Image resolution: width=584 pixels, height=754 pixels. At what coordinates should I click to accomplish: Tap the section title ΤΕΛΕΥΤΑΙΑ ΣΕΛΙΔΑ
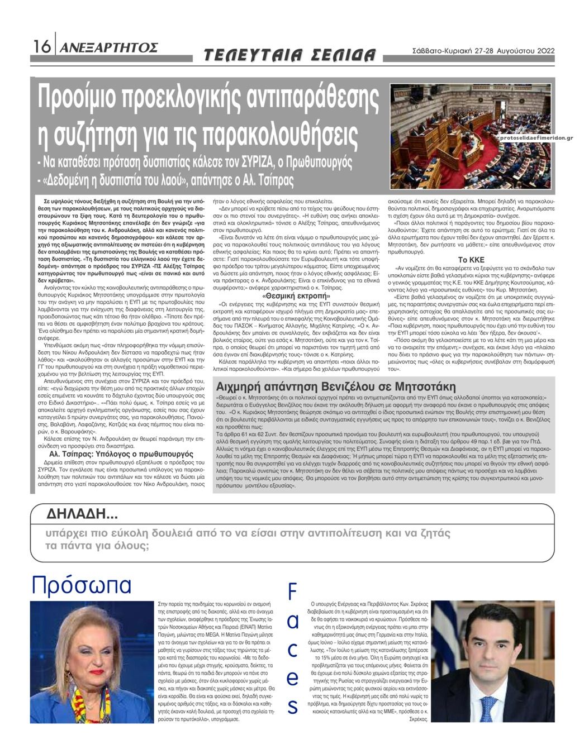(x=289, y=55)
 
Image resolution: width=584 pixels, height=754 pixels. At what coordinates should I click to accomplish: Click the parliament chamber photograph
(x=471, y=136)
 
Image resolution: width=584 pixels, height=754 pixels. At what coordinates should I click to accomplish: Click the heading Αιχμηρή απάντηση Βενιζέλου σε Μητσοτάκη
(x=336, y=386)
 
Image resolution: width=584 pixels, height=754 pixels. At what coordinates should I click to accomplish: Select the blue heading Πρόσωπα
(x=82, y=585)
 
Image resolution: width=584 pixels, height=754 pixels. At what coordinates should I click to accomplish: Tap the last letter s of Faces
(x=292, y=706)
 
